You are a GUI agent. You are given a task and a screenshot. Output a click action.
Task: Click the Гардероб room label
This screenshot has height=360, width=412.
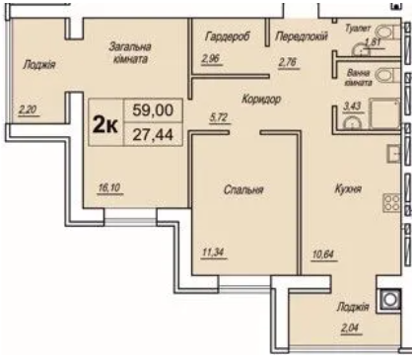click(x=228, y=36)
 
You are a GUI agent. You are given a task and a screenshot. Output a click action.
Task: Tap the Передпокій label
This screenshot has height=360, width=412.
click(x=302, y=36)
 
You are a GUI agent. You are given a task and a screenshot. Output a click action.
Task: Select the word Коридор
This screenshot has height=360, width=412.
click(x=261, y=99)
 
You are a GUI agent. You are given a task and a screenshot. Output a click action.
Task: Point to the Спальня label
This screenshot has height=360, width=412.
click(x=243, y=189)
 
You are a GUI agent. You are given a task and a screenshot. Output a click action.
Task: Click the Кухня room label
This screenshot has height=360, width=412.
click(x=348, y=188)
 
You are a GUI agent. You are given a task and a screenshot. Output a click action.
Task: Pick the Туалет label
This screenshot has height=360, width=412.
click(x=358, y=29)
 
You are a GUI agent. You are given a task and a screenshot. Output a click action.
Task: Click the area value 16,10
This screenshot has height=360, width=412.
click(x=109, y=187)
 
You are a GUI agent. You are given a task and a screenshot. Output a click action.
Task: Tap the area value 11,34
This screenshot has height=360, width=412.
click(x=214, y=252)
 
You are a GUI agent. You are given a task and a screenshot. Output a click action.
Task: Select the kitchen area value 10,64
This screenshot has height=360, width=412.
click(x=323, y=254)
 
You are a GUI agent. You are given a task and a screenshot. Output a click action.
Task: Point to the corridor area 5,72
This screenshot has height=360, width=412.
click(x=219, y=117)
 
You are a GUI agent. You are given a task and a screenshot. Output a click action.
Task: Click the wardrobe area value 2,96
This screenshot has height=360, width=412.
click(x=211, y=59)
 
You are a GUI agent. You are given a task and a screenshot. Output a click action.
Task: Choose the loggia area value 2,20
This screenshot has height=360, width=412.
click(x=28, y=109)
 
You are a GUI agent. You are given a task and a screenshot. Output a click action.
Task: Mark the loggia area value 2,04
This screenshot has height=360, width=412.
click(x=351, y=327)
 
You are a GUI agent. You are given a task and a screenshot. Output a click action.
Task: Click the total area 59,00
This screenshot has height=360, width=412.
click(x=153, y=109)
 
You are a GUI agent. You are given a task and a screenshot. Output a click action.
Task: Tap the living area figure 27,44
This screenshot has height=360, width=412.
click(x=153, y=134)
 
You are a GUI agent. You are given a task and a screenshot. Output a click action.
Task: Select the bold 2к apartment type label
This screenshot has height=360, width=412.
click(x=105, y=125)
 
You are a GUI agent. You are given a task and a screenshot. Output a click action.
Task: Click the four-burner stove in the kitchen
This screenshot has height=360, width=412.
click(x=391, y=202)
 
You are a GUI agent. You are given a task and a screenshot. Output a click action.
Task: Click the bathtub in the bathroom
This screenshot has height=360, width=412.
click(x=384, y=113)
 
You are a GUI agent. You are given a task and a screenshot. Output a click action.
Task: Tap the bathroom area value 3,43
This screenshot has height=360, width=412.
click(x=352, y=107)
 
